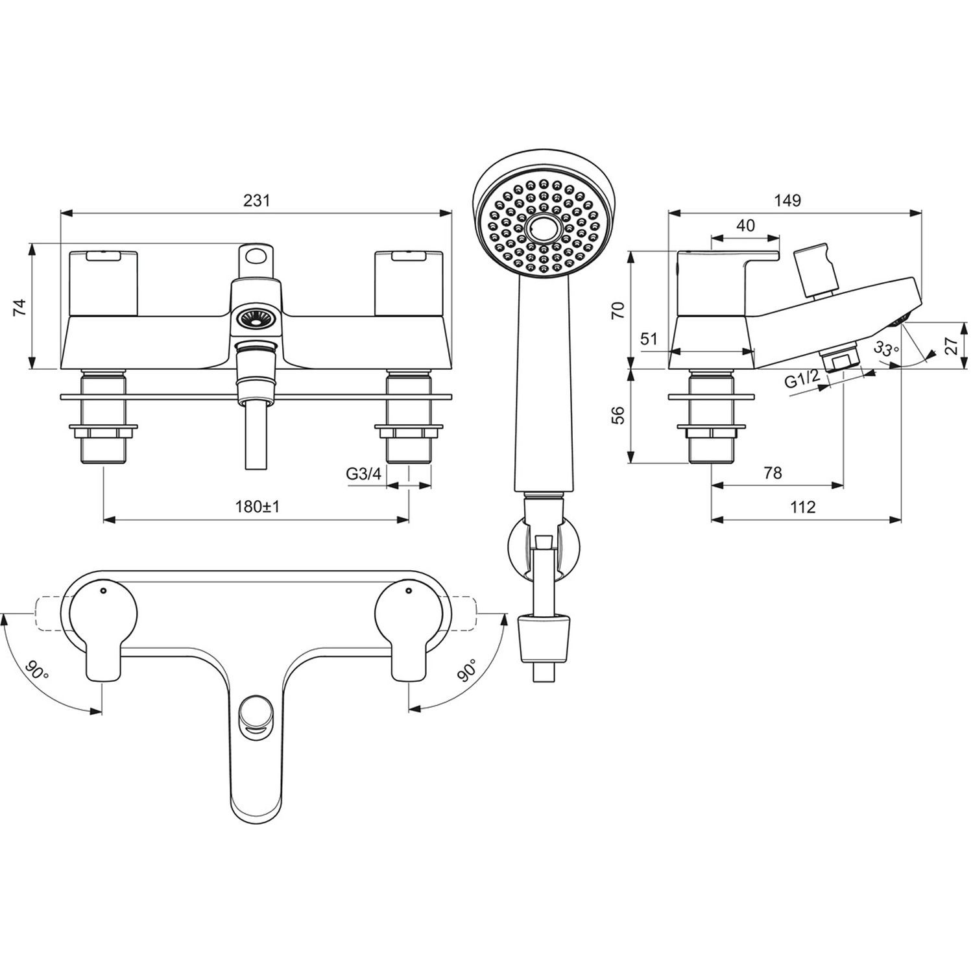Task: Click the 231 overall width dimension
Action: (x=256, y=200)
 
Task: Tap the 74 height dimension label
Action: (x=20, y=306)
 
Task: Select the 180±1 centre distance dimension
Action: (x=257, y=507)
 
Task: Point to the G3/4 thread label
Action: (x=363, y=474)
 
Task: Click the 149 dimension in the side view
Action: (x=787, y=200)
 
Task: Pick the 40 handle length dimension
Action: (x=746, y=225)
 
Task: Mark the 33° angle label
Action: (x=886, y=348)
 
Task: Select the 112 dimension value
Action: (x=802, y=507)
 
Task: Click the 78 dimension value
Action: (x=773, y=473)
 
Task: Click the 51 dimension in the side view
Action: (x=649, y=338)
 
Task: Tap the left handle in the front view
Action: (x=103, y=283)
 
